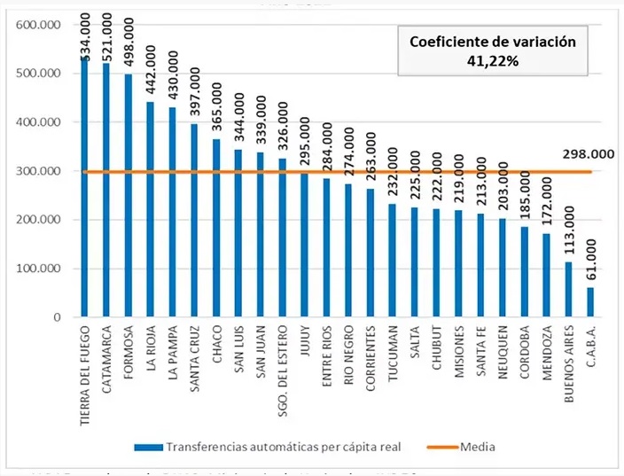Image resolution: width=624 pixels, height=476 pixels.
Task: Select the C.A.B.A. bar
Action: [x=591, y=301]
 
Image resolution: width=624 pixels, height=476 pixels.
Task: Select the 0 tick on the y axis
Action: [x=54, y=317]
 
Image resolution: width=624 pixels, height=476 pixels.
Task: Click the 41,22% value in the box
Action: [x=491, y=61]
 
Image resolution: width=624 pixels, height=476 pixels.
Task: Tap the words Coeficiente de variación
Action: [x=491, y=41]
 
